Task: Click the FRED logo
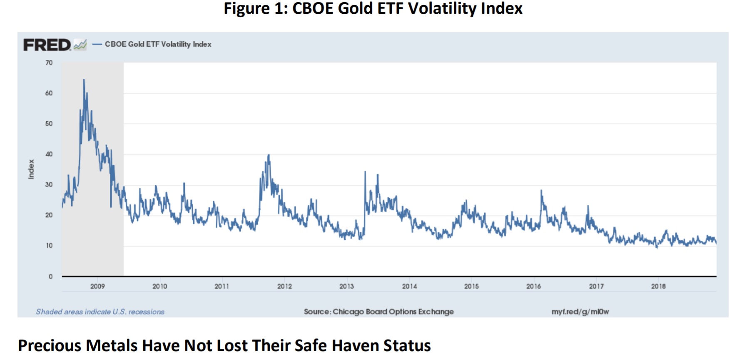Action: (47, 45)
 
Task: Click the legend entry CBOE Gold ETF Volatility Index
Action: (158, 44)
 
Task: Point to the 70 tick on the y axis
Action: (49, 63)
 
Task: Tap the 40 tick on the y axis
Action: (49, 154)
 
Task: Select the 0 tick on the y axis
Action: (51, 276)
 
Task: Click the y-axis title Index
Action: (31, 169)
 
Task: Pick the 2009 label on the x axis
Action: (97, 286)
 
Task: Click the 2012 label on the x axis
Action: (284, 286)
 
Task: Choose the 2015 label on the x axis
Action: (471, 286)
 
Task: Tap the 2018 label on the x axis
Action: (658, 286)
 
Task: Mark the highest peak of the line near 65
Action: (84, 79)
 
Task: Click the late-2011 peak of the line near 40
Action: (269, 155)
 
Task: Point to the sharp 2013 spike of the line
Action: (365, 172)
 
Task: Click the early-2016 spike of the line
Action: (541, 191)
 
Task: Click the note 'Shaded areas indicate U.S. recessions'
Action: (100, 312)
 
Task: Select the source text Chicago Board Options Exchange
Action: (393, 312)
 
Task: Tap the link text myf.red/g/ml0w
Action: (580, 312)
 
